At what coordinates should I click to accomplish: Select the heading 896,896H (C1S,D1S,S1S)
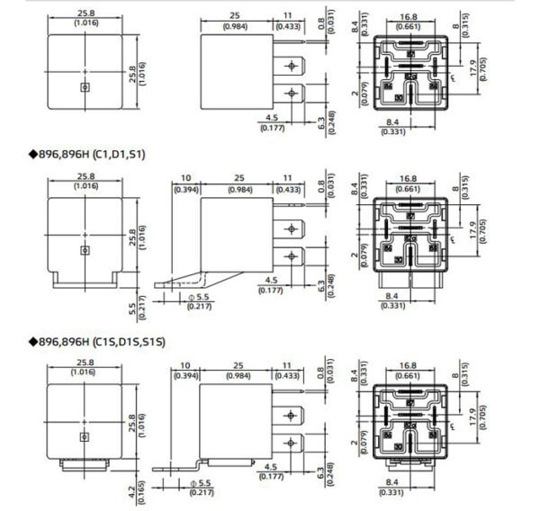[98, 342]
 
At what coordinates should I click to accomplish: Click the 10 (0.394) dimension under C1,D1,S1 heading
[185, 184]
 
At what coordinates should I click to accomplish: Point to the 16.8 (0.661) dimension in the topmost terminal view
[408, 21]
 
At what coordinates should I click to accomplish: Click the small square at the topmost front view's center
[85, 87]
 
